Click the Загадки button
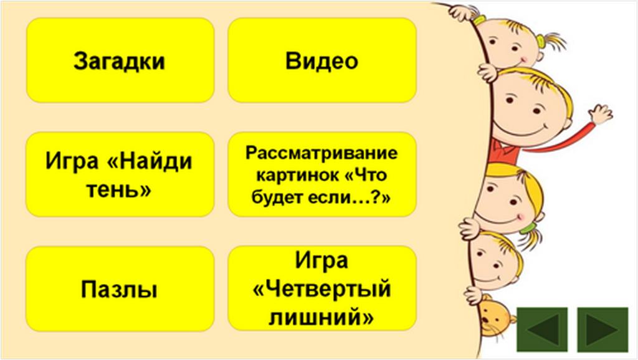coord(120,60)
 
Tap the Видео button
coord(322,60)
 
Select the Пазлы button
coord(120,288)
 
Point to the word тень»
coord(119,189)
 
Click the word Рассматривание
coord(321,153)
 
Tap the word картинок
coord(297,175)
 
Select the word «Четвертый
coord(322,289)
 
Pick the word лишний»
coord(321,317)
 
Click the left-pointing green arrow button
coord(542,329)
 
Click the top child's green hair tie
coord(541,40)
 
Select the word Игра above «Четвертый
coord(321,260)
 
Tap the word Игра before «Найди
coord(72,161)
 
